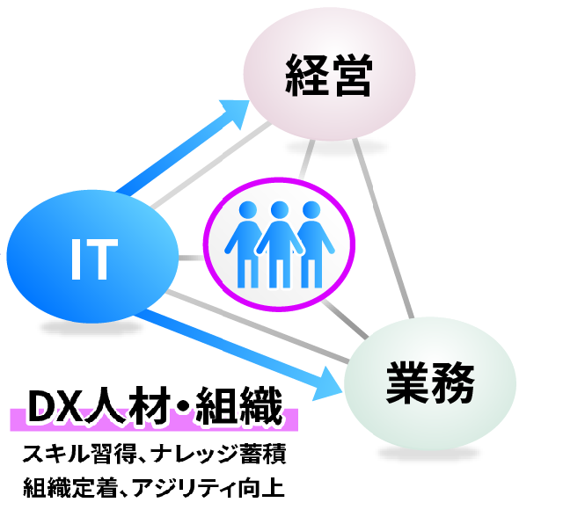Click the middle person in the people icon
coord(280,241)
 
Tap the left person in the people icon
coord(249,243)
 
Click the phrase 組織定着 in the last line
coord(74,486)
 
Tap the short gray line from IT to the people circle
coord(191,258)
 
